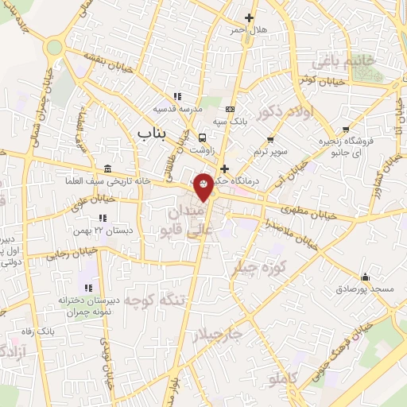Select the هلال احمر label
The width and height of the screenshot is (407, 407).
[x=250, y=30]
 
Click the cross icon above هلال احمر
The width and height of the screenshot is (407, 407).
[x=250, y=17]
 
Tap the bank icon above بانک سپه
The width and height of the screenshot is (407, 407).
[x=231, y=109]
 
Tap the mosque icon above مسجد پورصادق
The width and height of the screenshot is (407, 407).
[x=365, y=277]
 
